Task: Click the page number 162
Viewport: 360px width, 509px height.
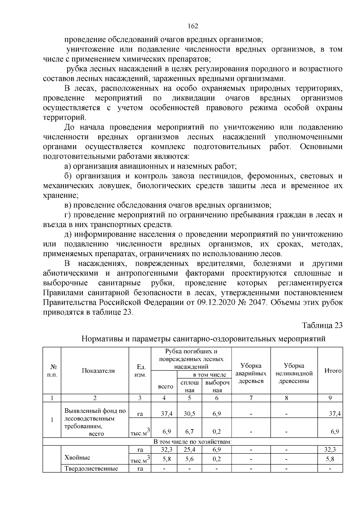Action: [193, 26]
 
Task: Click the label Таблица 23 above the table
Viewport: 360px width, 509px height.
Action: [322, 325]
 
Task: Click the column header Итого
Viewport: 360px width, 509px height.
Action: [333, 371]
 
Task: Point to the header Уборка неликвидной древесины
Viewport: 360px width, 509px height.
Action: [294, 373]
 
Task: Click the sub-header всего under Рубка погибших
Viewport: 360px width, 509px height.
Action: [166, 387]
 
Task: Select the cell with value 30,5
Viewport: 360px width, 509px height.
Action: [189, 414]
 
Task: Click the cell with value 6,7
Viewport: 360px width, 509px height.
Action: [189, 432]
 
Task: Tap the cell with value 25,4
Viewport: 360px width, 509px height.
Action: [189, 450]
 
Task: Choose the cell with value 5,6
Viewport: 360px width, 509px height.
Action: [189, 459]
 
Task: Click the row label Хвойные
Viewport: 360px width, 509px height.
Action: [77, 457]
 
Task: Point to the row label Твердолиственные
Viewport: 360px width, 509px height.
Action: [91, 468]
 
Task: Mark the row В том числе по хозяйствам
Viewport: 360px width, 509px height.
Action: [193, 442]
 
